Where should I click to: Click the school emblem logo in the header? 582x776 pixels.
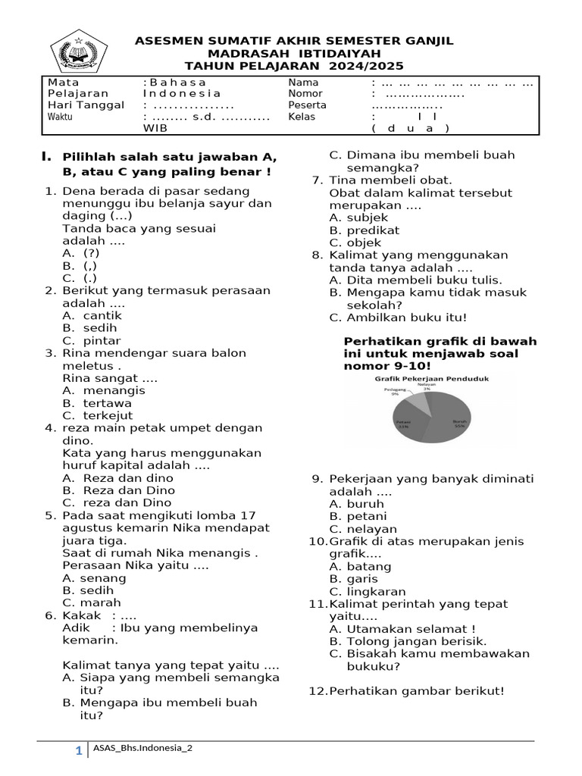pos(80,52)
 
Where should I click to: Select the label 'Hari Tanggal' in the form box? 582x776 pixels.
pos(86,105)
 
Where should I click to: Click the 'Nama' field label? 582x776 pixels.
pos(303,82)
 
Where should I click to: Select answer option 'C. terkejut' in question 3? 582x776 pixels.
pos(98,415)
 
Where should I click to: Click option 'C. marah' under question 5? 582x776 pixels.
pos(92,602)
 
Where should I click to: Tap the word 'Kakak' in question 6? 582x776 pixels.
pos(81,615)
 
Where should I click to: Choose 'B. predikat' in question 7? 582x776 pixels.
pos(365,230)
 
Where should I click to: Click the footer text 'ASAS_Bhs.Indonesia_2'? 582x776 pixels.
pos(142,749)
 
